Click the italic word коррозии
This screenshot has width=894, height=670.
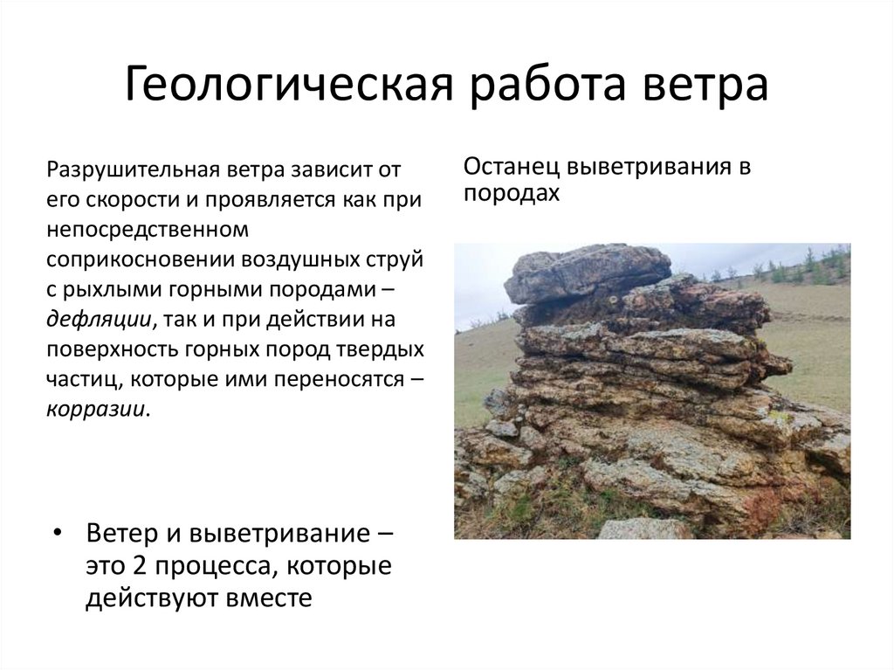coord(97,408)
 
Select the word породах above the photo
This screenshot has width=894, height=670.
coord(511,192)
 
